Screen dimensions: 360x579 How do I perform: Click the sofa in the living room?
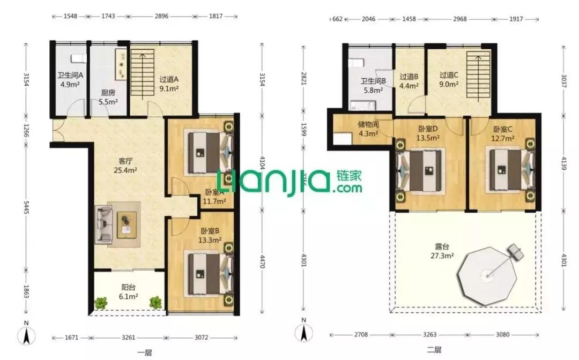tap(103, 224)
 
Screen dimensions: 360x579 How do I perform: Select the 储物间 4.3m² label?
tap(368, 129)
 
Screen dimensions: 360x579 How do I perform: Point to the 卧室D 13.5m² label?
tap(428, 133)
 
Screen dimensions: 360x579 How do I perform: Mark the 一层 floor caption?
tap(145, 352)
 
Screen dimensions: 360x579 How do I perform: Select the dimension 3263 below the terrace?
tap(430, 335)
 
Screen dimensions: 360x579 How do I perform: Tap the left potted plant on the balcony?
tap(101, 303)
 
